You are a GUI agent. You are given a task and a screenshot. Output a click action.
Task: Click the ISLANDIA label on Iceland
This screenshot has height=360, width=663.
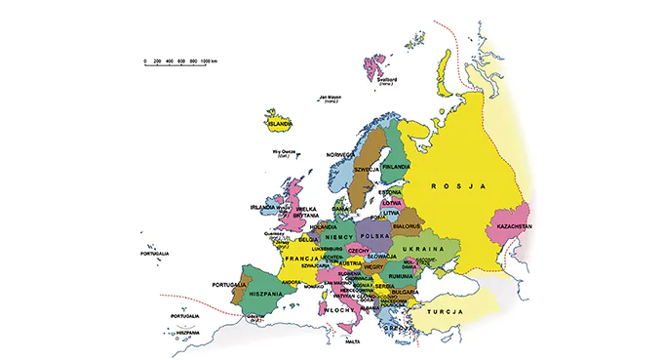pos(280,125)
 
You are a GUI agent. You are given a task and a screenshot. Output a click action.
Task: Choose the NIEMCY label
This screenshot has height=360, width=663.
pos(338,237)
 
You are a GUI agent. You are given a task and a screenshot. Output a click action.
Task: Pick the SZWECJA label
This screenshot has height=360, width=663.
pos(367,169)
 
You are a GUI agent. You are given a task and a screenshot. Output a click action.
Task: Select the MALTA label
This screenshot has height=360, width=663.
pos(352,342)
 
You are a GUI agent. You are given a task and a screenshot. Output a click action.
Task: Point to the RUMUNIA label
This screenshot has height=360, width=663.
pos(400,277)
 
